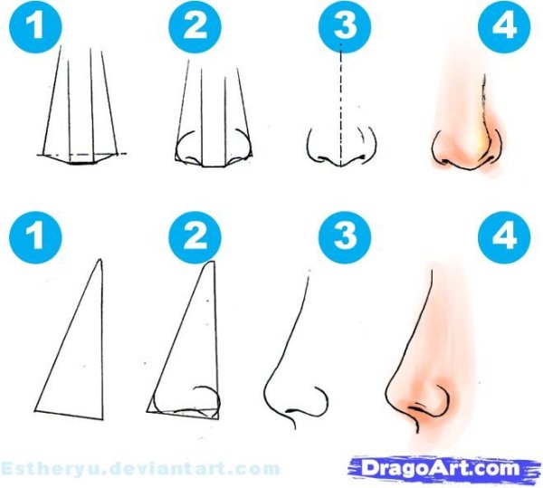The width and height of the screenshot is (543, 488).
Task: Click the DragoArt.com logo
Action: [x=444, y=469]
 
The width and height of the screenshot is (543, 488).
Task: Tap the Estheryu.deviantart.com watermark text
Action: [x=140, y=469]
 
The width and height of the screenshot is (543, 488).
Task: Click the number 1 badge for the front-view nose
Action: [x=35, y=26]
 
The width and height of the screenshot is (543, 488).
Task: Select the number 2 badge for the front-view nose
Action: [x=195, y=26]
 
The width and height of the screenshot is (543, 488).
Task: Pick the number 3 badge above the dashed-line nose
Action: [x=345, y=26]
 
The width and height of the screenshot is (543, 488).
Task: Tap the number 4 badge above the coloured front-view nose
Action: [x=504, y=26]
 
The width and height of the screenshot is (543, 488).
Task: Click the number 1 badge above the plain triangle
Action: [x=35, y=237]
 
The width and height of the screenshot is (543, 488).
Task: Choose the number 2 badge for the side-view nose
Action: [x=195, y=237]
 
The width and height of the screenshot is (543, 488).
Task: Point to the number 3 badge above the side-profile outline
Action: [x=345, y=237]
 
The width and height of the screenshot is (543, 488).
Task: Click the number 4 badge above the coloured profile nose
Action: [x=504, y=237]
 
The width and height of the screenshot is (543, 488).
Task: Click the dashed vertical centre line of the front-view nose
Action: [x=341, y=105]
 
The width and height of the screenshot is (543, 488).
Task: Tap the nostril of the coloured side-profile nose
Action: [x=416, y=408]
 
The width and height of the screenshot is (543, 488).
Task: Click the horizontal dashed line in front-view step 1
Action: [x=82, y=153]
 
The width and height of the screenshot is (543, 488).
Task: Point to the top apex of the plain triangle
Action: [x=100, y=259]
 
